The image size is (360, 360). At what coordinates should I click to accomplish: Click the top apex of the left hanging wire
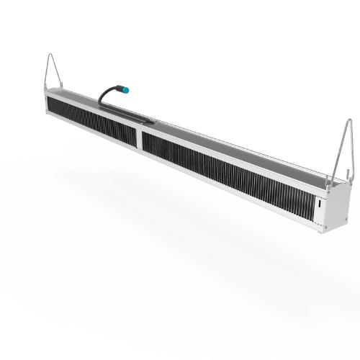pyautogui.click(x=50, y=55)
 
